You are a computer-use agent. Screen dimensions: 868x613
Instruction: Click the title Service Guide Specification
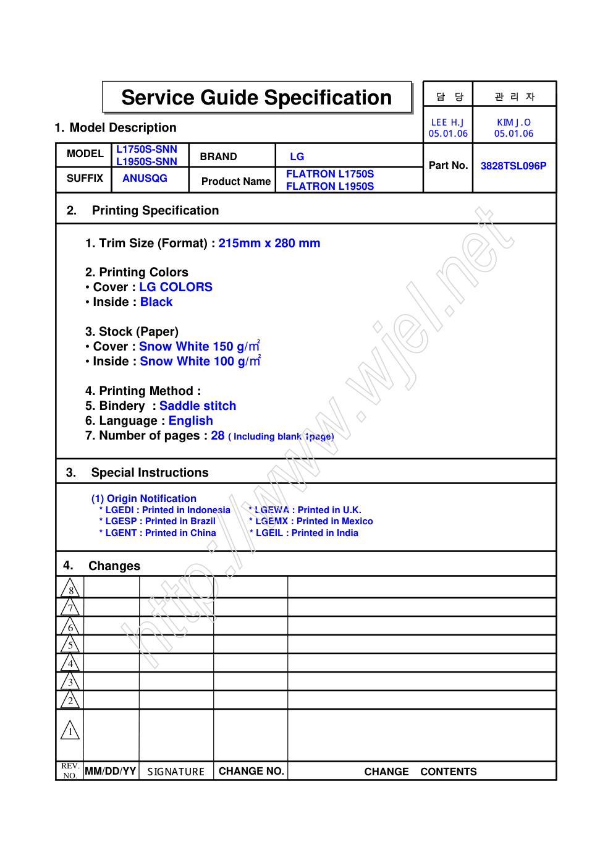pyautogui.click(x=256, y=98)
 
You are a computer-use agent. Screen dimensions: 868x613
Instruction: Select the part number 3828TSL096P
pyautogui.click(x=513, y=166)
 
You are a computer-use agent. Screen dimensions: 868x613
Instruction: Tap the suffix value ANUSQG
pyautogui.click(x=145, y=178)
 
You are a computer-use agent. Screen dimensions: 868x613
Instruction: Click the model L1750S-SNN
pyautogui.click(x=146, y=150)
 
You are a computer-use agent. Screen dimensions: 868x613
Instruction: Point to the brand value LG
pyautogui.click(x=297, y=156)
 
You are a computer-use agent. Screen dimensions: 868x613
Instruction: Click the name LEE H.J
pyautogui.click(x=447, y=122)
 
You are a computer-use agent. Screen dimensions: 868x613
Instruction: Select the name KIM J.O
pyautogui.click(x=514, y=122)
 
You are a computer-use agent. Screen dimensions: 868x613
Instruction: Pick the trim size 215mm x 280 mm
pyautogui.click(x=269, y=244)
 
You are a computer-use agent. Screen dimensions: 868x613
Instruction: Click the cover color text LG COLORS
pyautogui.click(x=175, y=287)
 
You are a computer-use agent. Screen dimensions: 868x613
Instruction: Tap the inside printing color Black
pyautogui.click(x=156, y=302)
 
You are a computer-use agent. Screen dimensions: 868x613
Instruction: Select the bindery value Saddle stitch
pyautogui.click(x=198, y=406)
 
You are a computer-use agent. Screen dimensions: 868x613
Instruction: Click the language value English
pyautogui.click(x=190, y=420)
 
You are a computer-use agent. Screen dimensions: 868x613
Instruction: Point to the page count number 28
pyautogui.click(x=218, y=435)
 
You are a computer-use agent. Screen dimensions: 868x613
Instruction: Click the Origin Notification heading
pyautogui.click(x=144, y=498)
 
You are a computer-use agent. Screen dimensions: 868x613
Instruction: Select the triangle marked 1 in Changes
pyautogui.click(x=70, y=731)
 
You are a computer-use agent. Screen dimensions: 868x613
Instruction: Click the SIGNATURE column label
pyautogui.click(x=175, y=772)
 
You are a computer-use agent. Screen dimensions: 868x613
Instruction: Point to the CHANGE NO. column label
pyautogui.click(x=251, y=771)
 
